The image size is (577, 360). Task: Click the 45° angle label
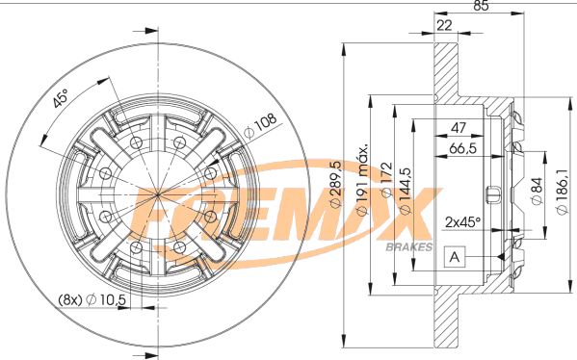[61, 99]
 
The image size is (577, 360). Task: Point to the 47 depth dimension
[460, 128]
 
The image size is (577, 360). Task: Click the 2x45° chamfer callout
[463, 220]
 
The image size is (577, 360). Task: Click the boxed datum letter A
[454, 257]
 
